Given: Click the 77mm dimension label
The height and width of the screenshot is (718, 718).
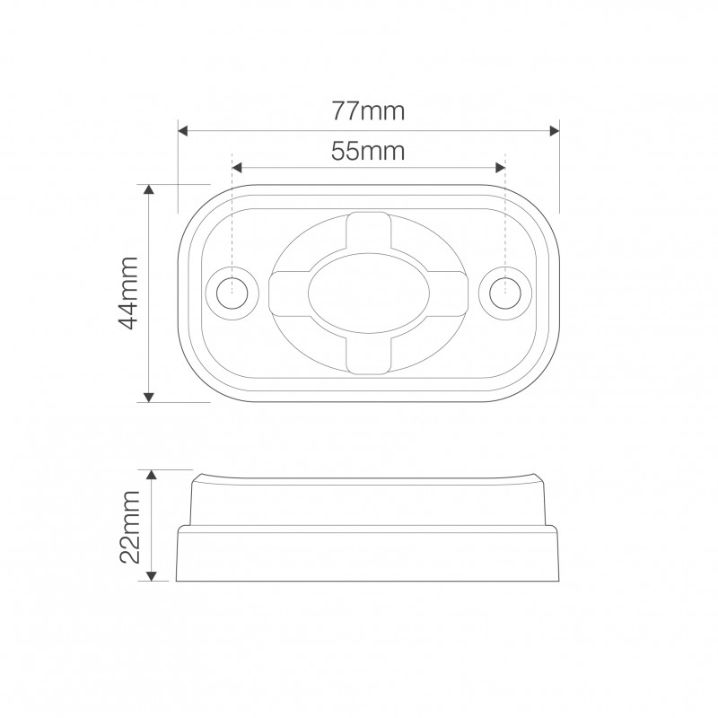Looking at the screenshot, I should [368, 111].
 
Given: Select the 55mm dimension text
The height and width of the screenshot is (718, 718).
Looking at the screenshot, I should [368, 151].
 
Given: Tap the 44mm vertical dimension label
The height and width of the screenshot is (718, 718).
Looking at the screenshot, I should [127, 293].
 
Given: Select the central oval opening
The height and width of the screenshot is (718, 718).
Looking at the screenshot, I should [368, 293].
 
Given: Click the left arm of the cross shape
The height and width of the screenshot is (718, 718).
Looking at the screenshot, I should [287, 293].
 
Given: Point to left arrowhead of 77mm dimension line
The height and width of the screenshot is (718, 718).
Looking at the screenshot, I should [184, 131].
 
